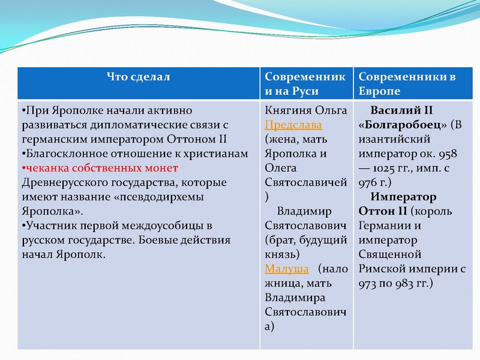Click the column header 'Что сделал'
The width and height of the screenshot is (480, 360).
(139, 77)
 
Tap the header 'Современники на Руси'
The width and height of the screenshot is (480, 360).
(305, 84)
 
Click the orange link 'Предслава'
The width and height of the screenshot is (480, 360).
(293, 125)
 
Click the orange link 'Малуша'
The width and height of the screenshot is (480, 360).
(286, 269)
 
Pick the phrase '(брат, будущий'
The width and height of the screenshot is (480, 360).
(305, 240)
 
